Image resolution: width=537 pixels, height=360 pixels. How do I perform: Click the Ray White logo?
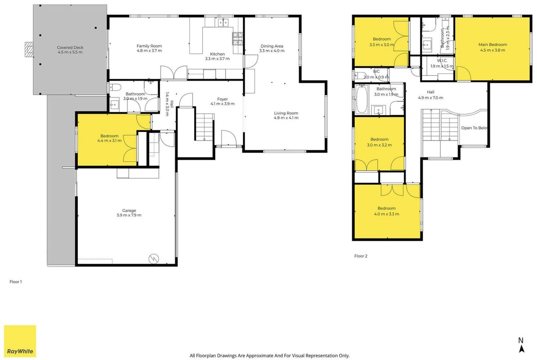click(x=20, y=341)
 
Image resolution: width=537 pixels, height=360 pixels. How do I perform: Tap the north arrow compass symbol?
click(x=521, y=345)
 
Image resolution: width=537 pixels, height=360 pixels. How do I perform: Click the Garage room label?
click(x=129, y=211)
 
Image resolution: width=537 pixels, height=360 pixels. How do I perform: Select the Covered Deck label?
click(x=70, y=48)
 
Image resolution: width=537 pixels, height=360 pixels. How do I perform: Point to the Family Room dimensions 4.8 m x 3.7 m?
click(x=149, y=51)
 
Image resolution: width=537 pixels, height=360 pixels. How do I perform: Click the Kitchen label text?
click(x=217, y=54)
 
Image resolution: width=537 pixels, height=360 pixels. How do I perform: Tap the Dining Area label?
click(x=272, y=46)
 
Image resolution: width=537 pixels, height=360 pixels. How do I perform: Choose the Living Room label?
click(x=286, y=113)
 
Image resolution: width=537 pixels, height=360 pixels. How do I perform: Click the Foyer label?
click(x=223, y=99)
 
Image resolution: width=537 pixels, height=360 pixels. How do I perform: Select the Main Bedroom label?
click(x=492, y=45)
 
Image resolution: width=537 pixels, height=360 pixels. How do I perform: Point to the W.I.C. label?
click(x=442, y=61)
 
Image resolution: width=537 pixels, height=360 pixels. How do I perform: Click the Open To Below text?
click(x=474, y=128)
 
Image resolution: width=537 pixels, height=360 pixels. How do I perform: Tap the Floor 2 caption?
click(x=361, y=256)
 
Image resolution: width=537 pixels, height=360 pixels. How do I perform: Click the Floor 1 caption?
click(x=16, y=282)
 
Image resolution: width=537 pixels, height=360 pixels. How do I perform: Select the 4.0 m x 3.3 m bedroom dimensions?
click(x=387, y=214)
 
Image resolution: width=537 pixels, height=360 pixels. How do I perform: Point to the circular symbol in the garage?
click(x=154, y=259)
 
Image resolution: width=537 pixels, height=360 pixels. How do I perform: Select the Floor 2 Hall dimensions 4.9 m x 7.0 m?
click(x=430, y=98)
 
